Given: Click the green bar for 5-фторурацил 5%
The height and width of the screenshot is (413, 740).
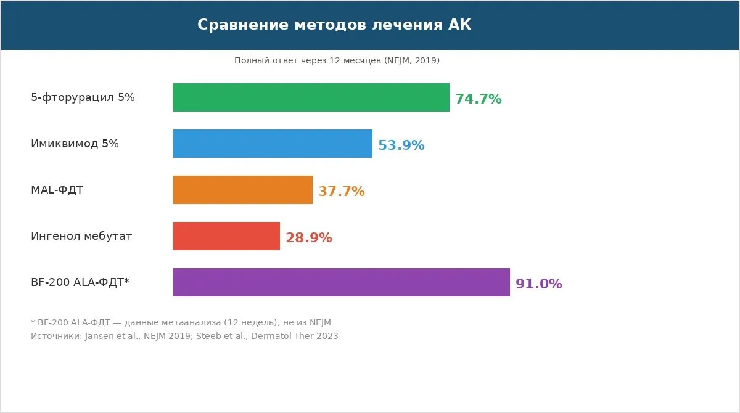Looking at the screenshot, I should click(x=311, y=97).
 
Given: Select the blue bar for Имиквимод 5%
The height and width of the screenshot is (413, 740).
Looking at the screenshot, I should click(x=273, y=144).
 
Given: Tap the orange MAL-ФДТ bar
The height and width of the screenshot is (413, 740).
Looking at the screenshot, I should click(x=242, y=190).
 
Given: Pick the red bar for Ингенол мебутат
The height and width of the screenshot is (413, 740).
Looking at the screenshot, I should click(x=226, y=236).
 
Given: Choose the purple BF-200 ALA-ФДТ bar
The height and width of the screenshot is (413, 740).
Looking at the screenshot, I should click(x=341, y=282).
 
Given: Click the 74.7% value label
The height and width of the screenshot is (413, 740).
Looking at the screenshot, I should click(x=479, y=99).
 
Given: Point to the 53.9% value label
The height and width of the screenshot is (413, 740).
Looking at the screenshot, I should click(x=401, y=145).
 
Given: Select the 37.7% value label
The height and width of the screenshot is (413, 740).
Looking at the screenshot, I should click(x=342, y=192).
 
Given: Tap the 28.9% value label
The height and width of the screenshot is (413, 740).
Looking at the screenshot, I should click(x=309, y=238).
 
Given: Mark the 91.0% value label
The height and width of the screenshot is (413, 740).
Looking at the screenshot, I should click(x=539, y=284).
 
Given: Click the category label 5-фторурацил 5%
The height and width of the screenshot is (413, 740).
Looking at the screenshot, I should click(x=83, y=97).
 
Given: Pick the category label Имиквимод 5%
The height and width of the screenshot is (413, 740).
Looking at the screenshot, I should click(x=75, y=144).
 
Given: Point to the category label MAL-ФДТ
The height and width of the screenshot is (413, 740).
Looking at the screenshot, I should click(x=57, y=190).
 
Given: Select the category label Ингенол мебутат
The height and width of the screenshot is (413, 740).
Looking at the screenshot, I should click(x=81, y=236).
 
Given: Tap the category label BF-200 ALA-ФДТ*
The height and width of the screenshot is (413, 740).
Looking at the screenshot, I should click(x=80, y=282).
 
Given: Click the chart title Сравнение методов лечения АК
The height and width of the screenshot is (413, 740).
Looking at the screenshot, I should click(x=334, y=25).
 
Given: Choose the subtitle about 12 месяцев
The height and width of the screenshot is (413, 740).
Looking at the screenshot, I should click(x=337, y=60).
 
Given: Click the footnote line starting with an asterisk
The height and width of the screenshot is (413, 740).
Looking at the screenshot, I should click(x=181, y=322).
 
